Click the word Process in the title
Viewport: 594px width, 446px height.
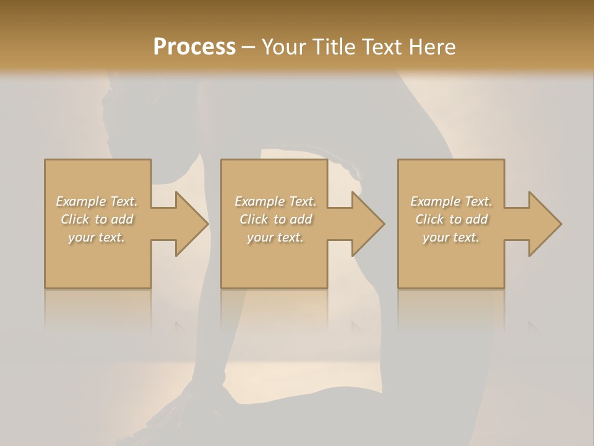coord(194,47)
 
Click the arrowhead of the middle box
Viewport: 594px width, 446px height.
coord(366,224)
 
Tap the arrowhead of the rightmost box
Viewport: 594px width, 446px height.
coord(543,224)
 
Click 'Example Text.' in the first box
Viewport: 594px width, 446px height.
coord(97,201)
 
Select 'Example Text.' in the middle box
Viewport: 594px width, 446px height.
coord(275,201)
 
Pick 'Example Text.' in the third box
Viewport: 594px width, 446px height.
coord(451,201)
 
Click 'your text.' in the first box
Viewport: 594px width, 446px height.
coord(97,237)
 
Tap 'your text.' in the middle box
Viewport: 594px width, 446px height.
coord(275,237)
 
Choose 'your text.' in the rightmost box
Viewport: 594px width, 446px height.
coord(451,237)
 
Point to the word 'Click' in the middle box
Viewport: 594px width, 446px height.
coord(254,219)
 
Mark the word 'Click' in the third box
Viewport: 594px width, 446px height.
coord(429,219)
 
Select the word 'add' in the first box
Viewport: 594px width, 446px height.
coord(122,219)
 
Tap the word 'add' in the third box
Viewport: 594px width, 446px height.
coord(476,219)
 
